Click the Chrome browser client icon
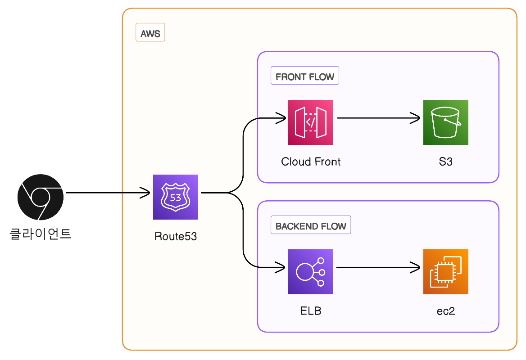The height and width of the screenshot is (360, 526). tap(40, 197)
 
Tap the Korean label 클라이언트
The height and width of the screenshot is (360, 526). tap(41, 234)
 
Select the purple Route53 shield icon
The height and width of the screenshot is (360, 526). tap(176, 197)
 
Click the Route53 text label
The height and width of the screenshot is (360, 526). tap(176, 236)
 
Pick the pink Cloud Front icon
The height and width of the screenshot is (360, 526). tap(311, 122)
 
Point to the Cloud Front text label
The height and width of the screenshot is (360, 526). tap(311, 162)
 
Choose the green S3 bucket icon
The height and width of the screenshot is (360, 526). tap(446, 122)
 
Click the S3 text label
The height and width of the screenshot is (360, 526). tap(446, 162)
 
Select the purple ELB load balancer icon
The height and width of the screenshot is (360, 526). tap(311, 272)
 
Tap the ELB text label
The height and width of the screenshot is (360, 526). tap(311, 311)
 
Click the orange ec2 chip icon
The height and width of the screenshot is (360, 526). tap(446, 272)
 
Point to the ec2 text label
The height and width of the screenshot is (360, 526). tap(446, 311)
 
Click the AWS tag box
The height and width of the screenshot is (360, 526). tap(150, 34)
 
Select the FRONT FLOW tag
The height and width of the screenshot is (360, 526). tap(305, 77)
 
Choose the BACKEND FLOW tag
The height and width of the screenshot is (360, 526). tap(311, 226)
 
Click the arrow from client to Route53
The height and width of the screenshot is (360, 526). tap(108, 193)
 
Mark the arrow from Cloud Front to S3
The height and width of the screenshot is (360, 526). tap(378, 119)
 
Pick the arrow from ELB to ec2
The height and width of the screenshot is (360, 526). tap(378, 268)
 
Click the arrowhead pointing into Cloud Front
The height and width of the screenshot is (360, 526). tap(282, 119)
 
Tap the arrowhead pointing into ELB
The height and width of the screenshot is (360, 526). tap(282, 268)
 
